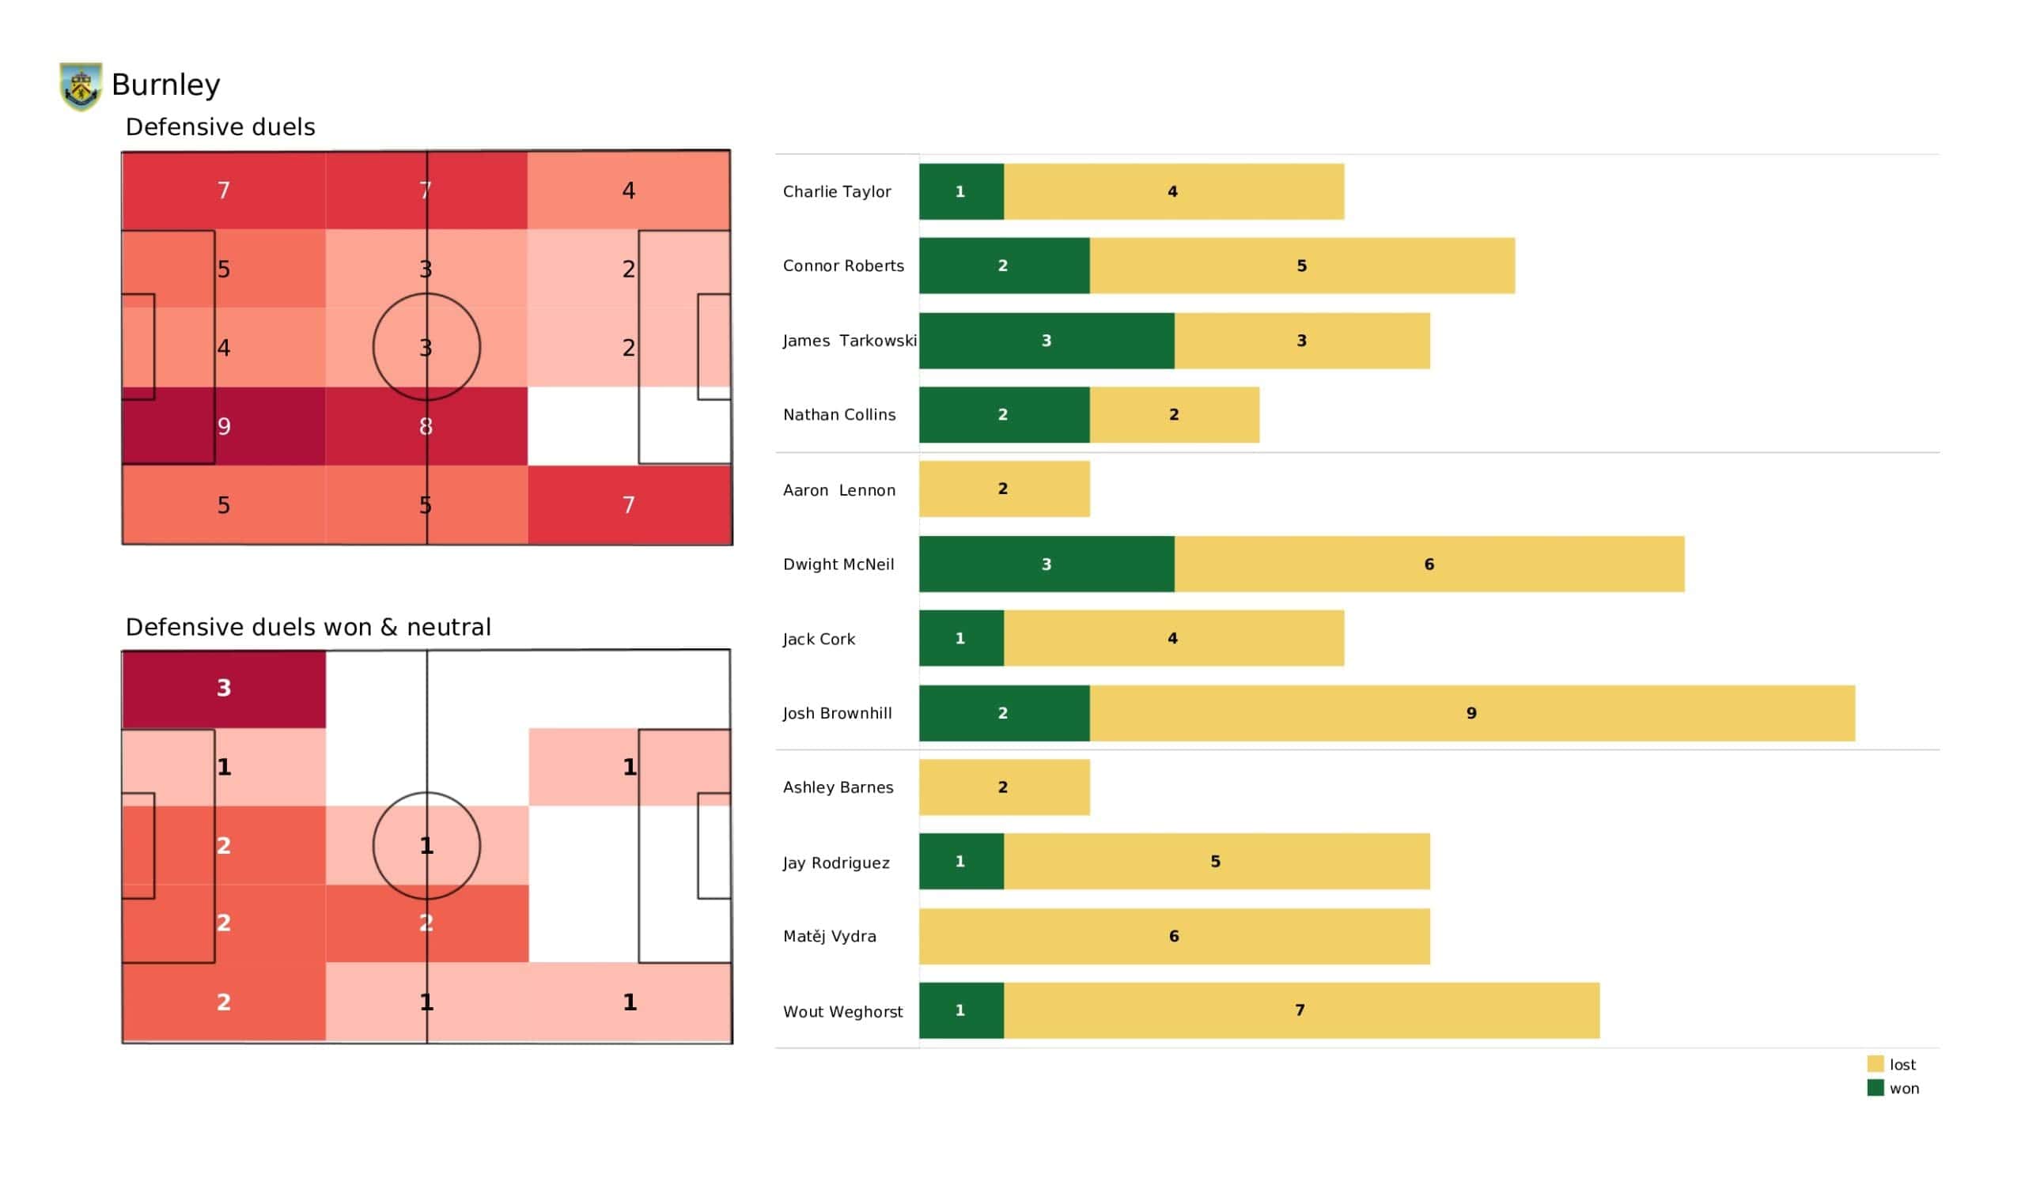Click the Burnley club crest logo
pos(81,86)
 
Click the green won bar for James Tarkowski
pos(1047,341)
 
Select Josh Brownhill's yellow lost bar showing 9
pos(1471,713)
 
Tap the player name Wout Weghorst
pos(843,1012)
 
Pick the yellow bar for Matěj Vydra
pos(1174,937)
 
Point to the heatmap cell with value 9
pos(223,427)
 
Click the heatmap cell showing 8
pos(426,427)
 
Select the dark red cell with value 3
pos(223,689)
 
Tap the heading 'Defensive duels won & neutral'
pos(308,628)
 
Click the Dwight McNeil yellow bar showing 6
pos(1429,564)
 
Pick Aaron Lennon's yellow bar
pos(1004,489)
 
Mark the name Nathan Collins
pos(839,415)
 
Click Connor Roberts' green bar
pos(1004,266)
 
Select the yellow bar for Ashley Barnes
pos(1004,788)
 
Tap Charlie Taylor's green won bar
pos(961,192)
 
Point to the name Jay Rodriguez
pos(836,863)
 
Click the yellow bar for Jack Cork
pos(1173,639)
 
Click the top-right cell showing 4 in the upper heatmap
pos(628,191)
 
